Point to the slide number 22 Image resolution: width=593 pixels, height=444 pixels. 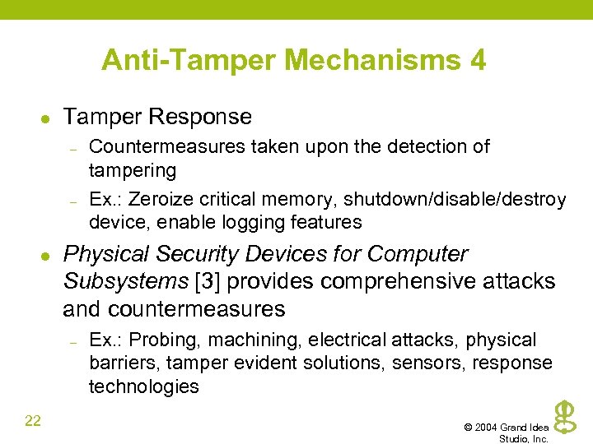(33, 422)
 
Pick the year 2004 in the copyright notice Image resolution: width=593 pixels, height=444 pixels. (486, 428)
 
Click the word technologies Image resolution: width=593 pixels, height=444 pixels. (143, 386)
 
